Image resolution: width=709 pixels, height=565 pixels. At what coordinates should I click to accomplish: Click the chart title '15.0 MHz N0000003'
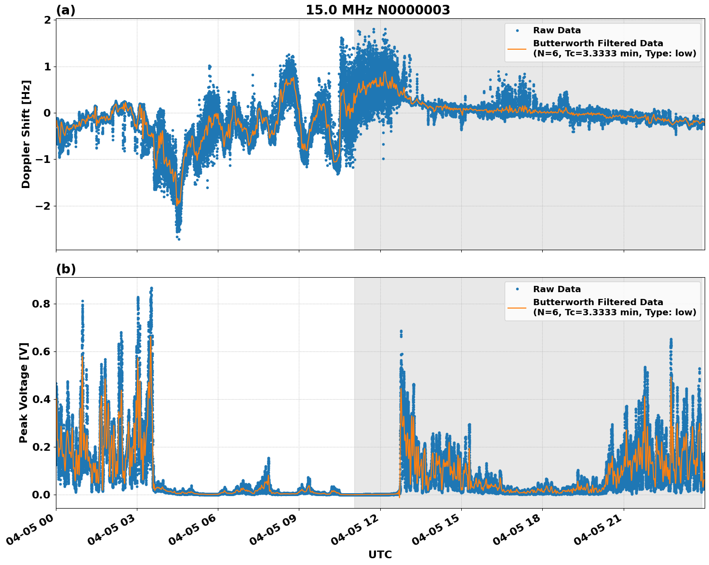377,10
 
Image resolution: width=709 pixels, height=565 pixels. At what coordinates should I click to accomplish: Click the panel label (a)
66,10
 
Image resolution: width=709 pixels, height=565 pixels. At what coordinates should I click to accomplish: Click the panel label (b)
66,269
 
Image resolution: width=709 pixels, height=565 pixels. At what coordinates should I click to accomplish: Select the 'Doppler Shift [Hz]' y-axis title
26,134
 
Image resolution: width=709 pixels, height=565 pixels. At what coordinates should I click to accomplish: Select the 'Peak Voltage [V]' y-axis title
24,392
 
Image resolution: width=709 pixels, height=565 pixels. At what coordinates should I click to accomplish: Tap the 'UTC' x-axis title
380,554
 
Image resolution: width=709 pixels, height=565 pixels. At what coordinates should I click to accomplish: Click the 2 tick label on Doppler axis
47,20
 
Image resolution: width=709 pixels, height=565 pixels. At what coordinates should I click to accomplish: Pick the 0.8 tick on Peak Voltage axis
41,304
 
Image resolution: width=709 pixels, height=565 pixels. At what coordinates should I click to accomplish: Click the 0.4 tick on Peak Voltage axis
41,399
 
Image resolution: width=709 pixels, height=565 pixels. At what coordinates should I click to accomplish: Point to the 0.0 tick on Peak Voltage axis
41,495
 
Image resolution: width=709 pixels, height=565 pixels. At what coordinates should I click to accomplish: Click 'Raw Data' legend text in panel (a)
557,30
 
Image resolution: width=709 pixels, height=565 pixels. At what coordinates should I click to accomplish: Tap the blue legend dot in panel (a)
517,30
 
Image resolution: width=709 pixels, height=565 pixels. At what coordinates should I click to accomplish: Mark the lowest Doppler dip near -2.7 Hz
178,238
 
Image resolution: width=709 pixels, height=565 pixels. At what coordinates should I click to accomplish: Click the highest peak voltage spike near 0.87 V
151,288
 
